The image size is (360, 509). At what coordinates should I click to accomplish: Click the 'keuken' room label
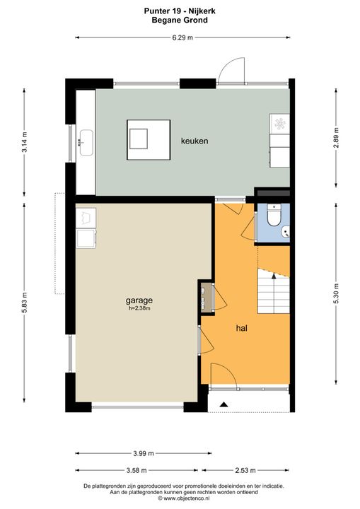click(194, 141)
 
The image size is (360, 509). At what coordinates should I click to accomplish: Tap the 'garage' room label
click(140, 299)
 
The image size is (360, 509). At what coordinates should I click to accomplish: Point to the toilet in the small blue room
click(275, 212)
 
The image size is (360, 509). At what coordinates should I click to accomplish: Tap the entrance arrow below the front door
click(223, 404)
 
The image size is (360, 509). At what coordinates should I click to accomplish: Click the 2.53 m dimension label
click(245, 470)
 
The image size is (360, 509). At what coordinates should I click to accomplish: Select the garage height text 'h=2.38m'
click(140, 308)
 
